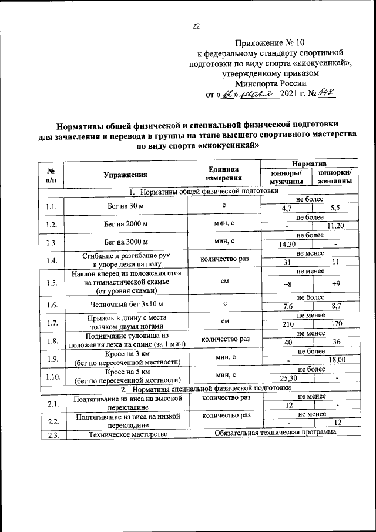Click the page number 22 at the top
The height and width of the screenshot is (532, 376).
pyautogui.click(x=196, y=26)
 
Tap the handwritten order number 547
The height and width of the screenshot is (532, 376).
pyautogui.click(x=326, y=93)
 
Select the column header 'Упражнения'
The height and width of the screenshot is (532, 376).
pyautogui.click(x=125, y=174)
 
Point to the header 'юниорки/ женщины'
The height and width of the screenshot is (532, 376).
pyautogui.click(x=335, y=178)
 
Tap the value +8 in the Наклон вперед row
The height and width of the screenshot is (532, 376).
pyautogui.click(x=287, y=285)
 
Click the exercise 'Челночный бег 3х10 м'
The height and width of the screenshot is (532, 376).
pyautogui.click(x=125, y=305)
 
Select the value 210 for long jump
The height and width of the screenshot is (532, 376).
pyautogui.click(x=287, y=324)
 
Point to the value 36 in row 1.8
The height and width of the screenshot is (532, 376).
pyautogui.click(x=336, y=342)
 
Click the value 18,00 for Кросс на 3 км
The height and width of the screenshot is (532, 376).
pyautogui.click(x=336, y=360)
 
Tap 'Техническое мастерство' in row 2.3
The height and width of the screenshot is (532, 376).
pyautogui.click(x=125, y=434)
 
